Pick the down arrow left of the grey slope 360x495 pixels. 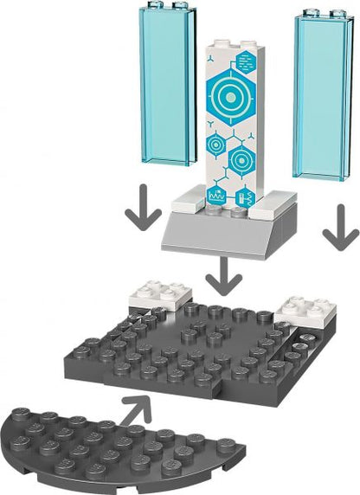click(x=143, y=210)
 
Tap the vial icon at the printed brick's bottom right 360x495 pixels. click(x=245, y=196)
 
